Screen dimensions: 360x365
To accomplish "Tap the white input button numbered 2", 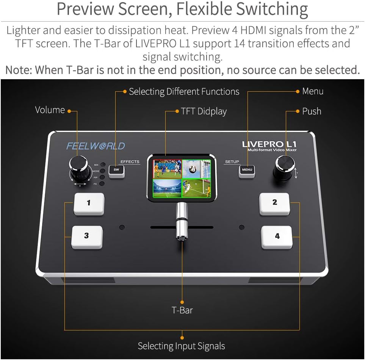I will (274, 203).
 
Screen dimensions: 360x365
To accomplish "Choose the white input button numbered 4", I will (277, 237).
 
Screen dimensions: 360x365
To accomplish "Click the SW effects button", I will (116, 170).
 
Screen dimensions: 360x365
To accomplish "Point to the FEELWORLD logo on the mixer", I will (96, 146).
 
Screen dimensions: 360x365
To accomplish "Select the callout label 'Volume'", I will (50, 110).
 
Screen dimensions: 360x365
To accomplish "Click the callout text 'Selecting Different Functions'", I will (184, 92).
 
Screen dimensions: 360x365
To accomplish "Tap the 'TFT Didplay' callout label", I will (204, 111).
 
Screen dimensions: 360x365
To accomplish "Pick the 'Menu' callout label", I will (313, 91).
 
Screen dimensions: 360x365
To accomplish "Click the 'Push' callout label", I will (312, 111).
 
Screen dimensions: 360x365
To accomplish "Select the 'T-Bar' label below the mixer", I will (182, 310).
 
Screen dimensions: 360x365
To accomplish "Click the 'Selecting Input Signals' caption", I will (181, 346).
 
